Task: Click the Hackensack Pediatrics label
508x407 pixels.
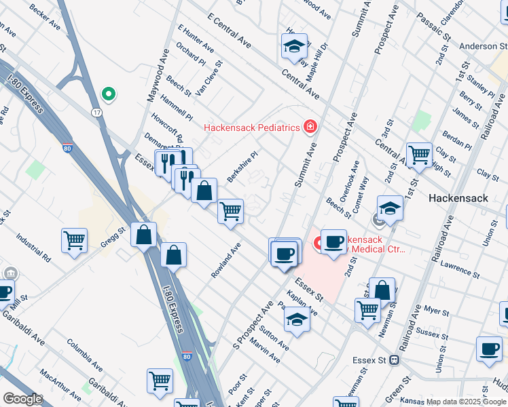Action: [x=252, y=128]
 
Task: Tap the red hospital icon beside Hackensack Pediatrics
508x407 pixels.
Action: [x=310, y=126]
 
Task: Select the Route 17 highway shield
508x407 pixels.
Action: [x=98, y=112]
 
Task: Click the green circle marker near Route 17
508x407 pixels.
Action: [x=107, y=94]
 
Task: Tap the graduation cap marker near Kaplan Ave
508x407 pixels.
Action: [x=297, y=319]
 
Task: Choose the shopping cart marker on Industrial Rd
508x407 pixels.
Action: [x=74, y=239]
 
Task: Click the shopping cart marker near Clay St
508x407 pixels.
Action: [x=419, y=155]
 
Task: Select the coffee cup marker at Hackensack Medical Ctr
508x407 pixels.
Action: [x=333, y=242]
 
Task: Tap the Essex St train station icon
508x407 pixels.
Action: [x=393, y=360]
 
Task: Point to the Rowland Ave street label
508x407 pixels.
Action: [x=226, y=260]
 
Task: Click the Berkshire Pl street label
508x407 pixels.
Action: [x=242, y=166]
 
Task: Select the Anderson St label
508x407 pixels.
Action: [x=478, y=46]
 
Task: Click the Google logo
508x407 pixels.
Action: [x=22, y=399]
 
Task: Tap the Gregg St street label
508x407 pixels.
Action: [x=113, y=237]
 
